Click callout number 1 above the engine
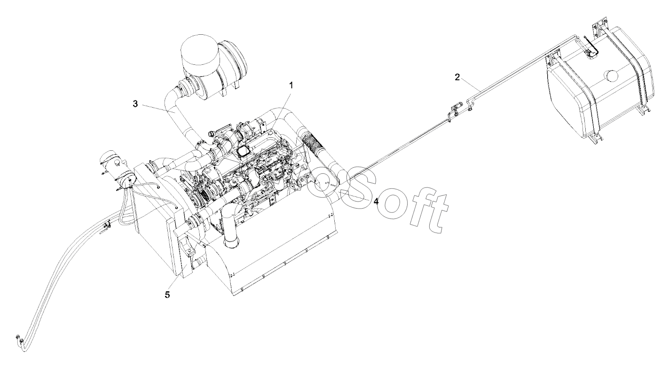pos(291,86)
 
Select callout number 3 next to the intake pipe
pos(135,104)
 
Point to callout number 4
pos(376,202)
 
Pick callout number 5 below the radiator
pos(168,295)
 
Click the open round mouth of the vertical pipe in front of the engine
pos(231,243)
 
